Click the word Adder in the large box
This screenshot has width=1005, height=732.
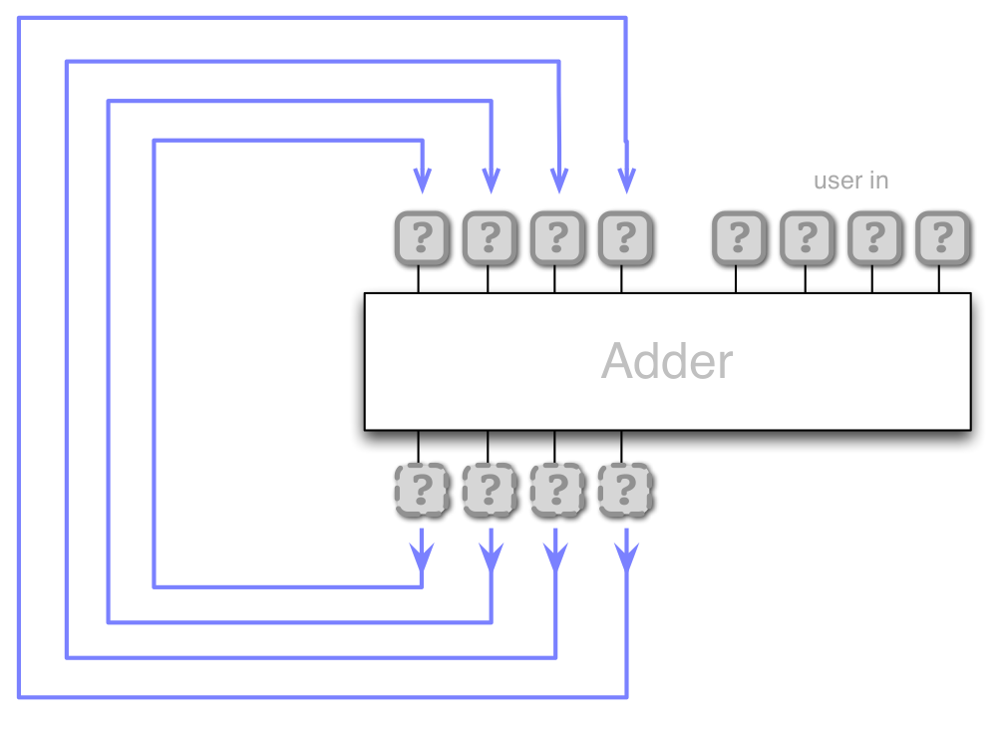[x=666, y=361]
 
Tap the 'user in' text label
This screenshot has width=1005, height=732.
[x=850, y=181]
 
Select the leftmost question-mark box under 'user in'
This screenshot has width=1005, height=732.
[x=739, y=238]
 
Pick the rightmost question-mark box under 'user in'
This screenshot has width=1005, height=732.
[x=941, y=238]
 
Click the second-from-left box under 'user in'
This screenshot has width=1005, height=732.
[x=807, y=238]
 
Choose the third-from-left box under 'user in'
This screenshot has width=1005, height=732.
[x=874, y=238]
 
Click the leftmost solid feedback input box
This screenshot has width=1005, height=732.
[x=422, y=238]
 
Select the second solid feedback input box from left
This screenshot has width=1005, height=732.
[x=490, y=238]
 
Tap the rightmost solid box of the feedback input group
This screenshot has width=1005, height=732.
[x=625, y=238]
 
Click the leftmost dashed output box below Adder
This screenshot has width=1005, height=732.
[x=422, y=490]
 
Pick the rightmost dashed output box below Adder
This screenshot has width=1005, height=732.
[x=625, y=490]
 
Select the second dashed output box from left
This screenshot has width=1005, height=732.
[x=490, y=490]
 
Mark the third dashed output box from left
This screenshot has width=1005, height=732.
[x=557, y=490]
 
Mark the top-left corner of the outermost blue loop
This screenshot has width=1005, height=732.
[x=19, y=18]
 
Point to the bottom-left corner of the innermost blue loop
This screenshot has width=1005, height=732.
[x=155, y=585]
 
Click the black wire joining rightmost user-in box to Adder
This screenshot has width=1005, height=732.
[x=939, y=279]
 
